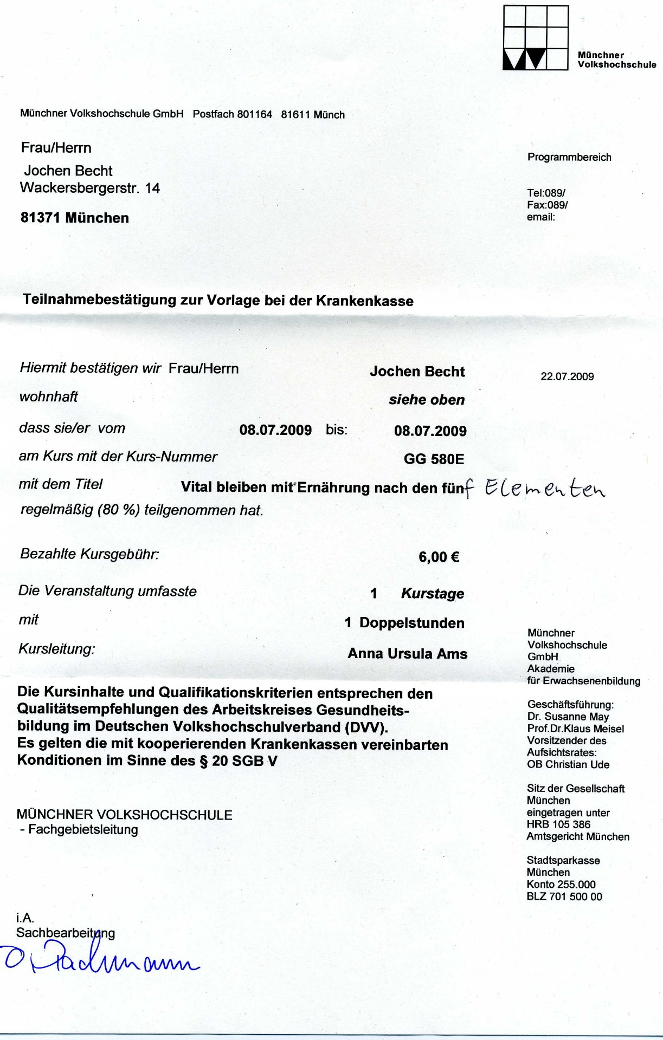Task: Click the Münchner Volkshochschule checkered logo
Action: pyautogui.click(x=536, y=38)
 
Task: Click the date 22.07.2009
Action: pyautogui.click(x=567, y=376)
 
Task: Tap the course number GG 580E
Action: pyautogui.click(x=434, y=459)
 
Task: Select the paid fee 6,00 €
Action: pyautogui.click(x=439, y=557)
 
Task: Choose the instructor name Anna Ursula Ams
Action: pyautogui.click(x=407, y=654)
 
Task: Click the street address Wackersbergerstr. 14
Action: pyautogui.click(x=90, y=188)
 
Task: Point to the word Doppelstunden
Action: pyautogui.click(x=411, y=623)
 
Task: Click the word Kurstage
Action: pyautogui.click(x=433, y=594)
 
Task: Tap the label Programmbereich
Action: pyautogui.click(x=569, y=157)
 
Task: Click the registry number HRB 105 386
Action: pyautogui.click(x=558, y=824)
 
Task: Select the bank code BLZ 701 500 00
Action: pyautogui.click(x=564, y=896)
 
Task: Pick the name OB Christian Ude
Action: pyautogui.click(x=568, y=764)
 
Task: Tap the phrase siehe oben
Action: pyautogui.click(x=427, y=400)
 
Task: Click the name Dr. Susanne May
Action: pyautogui.click(x=568, y=717)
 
